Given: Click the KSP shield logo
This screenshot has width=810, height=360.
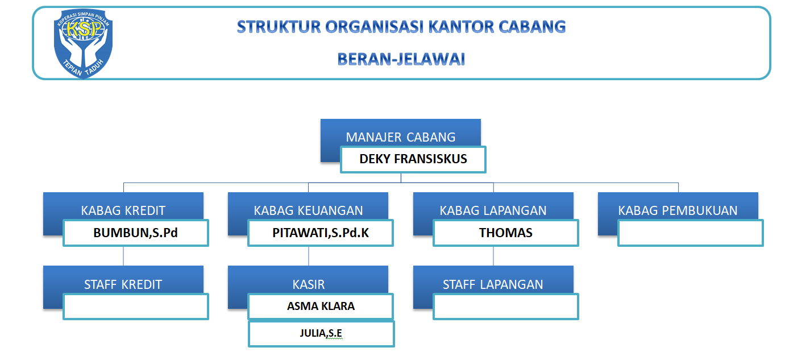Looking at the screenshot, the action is click(x=83, y=43).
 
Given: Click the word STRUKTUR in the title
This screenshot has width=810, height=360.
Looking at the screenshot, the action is click(x=279, y=27).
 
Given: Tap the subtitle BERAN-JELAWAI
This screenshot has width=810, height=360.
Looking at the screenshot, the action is click(x=401, y=59).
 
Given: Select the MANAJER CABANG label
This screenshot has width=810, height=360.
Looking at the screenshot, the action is click(x=400, y=137).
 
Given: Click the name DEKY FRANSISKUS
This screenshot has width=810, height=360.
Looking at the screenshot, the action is click(x=413, y=159).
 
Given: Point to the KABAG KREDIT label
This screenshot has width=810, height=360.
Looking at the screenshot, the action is click(x=123, y=210).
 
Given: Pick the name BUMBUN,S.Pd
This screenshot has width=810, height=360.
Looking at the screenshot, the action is click(x=136, y=233).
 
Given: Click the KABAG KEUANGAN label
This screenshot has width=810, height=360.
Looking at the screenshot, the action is click(x=308, y=210).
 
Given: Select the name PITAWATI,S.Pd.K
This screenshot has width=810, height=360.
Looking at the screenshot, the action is click(x=321, y=233).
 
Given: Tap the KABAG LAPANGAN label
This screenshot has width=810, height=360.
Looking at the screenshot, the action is click(x=493, y=210).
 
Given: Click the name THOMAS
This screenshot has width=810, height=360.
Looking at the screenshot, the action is click(x=505, y=233).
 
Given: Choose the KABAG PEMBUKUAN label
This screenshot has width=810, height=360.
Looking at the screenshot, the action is click(x=678, y=210).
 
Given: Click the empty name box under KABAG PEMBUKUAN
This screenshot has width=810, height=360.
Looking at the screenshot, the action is click(x=690, y=233).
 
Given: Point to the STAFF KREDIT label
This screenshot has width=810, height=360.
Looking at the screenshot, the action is click(x=123, y=284).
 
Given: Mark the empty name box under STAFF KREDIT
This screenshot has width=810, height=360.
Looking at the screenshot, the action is click(x=136, y=307).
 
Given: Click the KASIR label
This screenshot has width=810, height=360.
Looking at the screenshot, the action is click(x=309, y=284).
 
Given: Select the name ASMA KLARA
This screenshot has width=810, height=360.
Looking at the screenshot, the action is click(x=321, y=306).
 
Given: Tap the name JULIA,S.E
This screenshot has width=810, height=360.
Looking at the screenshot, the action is click(x=321, y=333).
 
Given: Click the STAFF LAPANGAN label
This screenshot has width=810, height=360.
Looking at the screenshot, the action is click(x=493, y=284).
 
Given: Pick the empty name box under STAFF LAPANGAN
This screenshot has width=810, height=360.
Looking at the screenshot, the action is click(x=505, y=307).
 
